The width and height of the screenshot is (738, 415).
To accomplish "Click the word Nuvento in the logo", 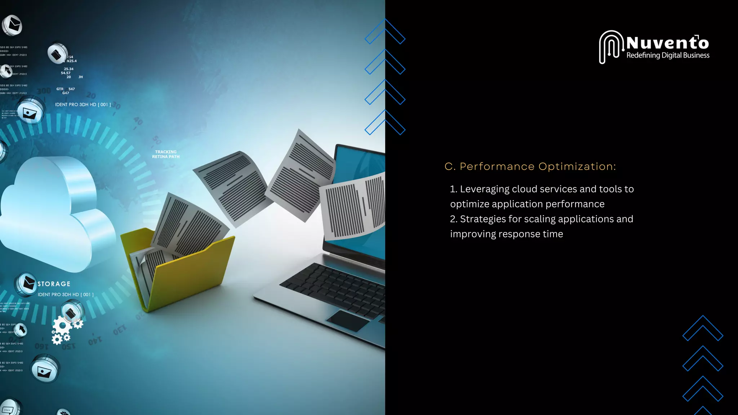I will pos(667,43).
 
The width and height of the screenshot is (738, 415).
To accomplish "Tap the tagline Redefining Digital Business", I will pos(668,55).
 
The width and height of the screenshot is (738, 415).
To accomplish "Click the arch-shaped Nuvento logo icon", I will pos(611,47).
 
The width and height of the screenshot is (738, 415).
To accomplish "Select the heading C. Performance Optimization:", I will pos(530,166).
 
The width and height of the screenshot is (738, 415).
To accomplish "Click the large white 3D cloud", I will pos(54,213).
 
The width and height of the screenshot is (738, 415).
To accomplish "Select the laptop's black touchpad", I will pos(348,320).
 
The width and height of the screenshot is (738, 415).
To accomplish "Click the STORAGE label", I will pos(54,284).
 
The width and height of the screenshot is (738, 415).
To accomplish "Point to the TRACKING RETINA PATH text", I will pos(166,154).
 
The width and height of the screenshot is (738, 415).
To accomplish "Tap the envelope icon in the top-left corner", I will pos(13,25).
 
